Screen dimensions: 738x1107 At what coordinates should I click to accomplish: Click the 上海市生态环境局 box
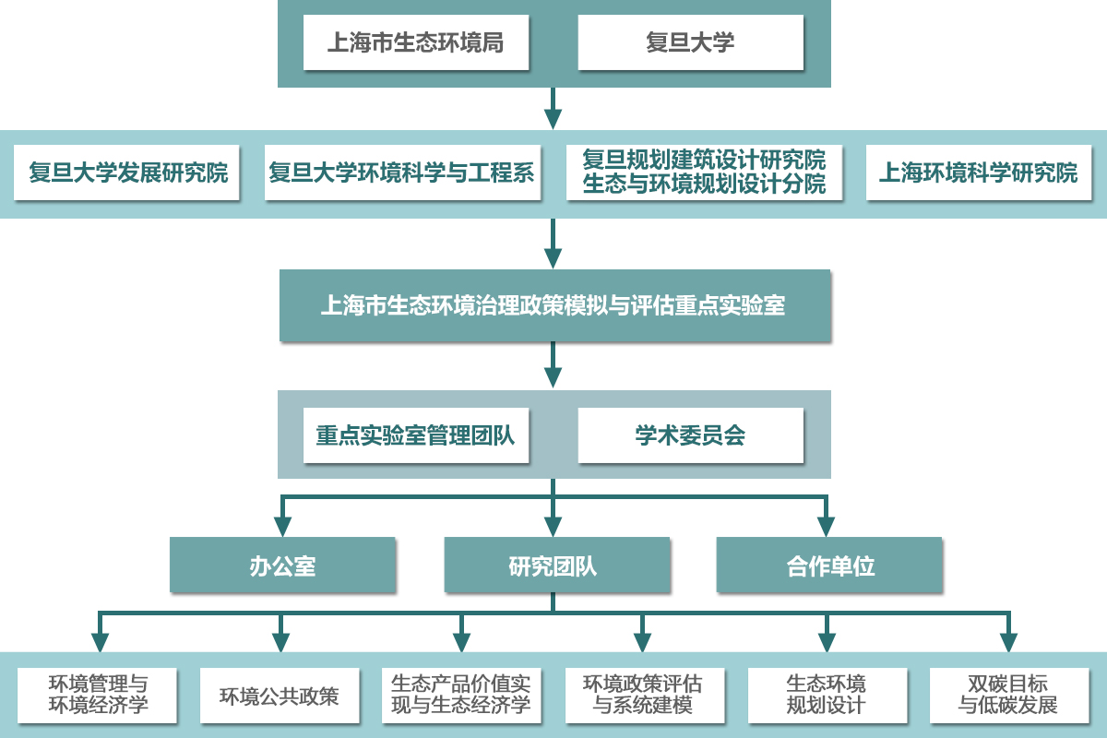pyautogui.click(x=415, y=43)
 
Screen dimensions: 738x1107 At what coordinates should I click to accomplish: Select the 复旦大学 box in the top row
pyautogui.click(x=690, y=43)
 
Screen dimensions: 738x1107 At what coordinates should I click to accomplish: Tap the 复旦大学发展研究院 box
pyautogui.click(x=127, y=173)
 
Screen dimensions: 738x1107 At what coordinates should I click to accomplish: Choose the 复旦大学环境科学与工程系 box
pyautogui.click(x=401, y=173)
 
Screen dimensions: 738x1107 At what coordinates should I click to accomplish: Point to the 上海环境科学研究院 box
pyautogui.click(x=978, y=173)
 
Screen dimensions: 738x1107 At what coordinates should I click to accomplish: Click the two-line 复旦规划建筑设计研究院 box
pyautogui.click(x=704, y=173)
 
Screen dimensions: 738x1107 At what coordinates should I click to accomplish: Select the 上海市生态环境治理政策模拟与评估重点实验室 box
pyautogui.click(x=553, y=305)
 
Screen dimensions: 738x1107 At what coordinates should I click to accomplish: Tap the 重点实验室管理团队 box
pyautogui.click(x=415, y=435)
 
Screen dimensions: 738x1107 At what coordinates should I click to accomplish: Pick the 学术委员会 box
pyautogui.click(x=690, y=435)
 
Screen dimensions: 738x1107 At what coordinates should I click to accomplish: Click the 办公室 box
pyautogui.click(x=282, y=565)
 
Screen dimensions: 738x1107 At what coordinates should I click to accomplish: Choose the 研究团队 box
pyautogui.click(x=553, y=565)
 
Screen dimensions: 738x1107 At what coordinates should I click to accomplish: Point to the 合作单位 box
pyautogui.click(x=829, y=565)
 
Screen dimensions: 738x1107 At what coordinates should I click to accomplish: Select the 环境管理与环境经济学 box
pyautogui.click(x=98, y=696)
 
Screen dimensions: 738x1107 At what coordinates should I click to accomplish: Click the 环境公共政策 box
pyautogui.click(x=280, y=696)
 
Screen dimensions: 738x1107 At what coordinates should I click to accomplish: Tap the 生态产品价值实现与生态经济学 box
pyautogui.click(x=461, y=696)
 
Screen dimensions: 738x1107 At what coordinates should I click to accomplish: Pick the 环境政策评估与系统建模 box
pyautogui.click(x=643, y=696)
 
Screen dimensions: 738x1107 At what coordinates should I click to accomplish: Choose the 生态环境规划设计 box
pyautogui.click(x=826, y=696)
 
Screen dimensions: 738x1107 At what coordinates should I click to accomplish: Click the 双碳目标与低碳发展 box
pyautogui.click(x=1008, y=696)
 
